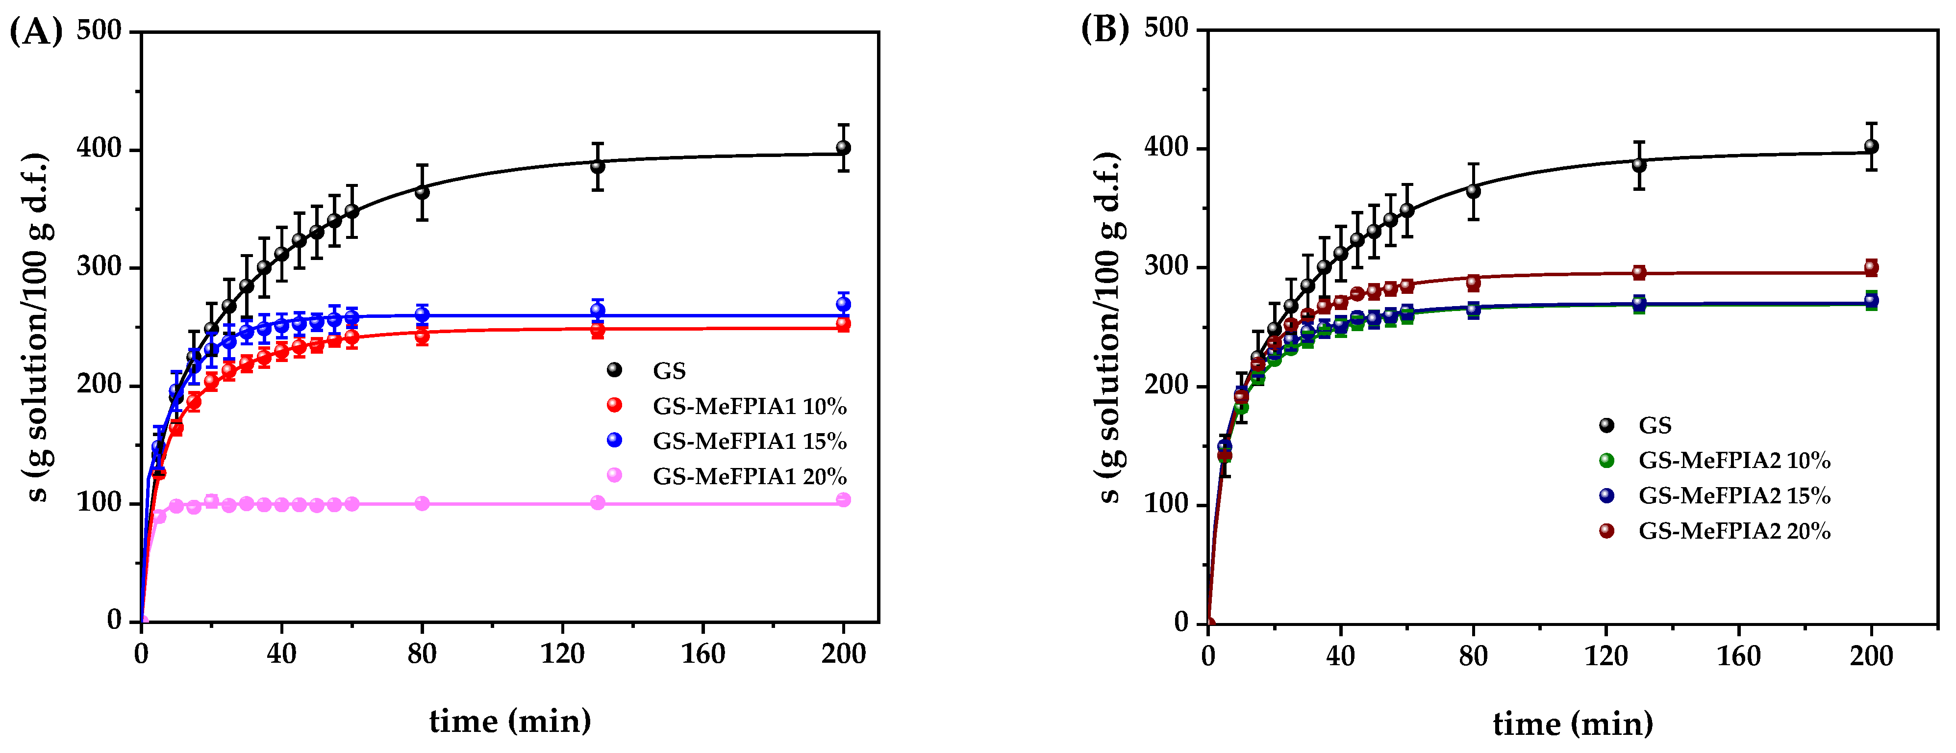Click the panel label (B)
pyautogui.click(x=1105, y=30)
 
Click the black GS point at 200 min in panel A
pyautogui.click(x=843, y=147)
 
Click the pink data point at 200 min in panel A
pyautogui.click(x=843, y=500)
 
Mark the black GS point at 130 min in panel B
pyautogui.click(x=1639, y=164)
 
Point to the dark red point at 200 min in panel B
pyautogui.click(x=1871, y=267)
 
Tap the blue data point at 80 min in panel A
pyautogui.click(x=422, y=314)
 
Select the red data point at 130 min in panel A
pyautogui.click(x=598, y=331)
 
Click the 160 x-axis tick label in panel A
pyautogui.click(x=702, y=653)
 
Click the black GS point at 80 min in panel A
pyautogui.click(x=422, y=192)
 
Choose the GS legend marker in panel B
pyautogui.click(x=1607, y=425)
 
